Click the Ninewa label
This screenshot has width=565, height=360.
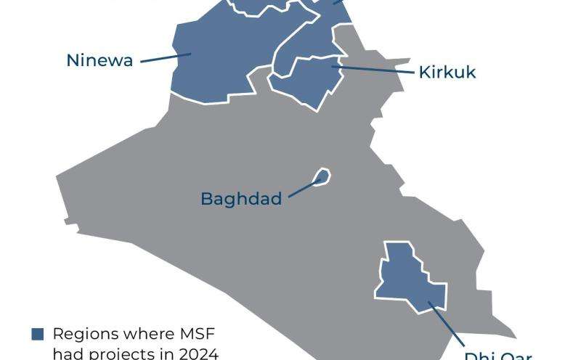click(99, 60)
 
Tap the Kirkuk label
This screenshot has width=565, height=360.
click(447, 72)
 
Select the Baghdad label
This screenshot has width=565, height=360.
click(241, 198)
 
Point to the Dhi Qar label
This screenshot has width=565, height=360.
click(498, 356)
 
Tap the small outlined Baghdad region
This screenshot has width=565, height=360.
click(322, 176)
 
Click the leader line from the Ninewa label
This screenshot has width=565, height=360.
click(166, 57)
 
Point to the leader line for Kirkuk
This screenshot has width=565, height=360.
click(374, 70)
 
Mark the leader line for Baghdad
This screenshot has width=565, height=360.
click(304, 188)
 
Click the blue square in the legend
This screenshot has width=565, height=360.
click(38, 334)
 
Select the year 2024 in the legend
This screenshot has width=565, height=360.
click(197, 353)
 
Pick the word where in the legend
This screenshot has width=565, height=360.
click(150, 334)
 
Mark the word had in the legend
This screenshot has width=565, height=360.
click(68, 353)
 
